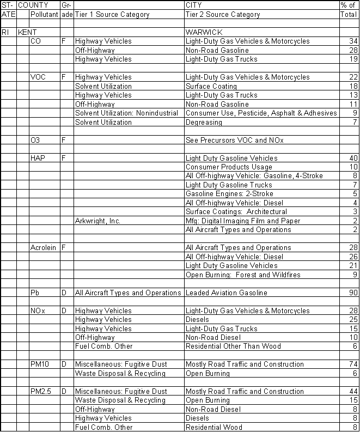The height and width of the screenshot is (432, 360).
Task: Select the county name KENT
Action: pyautogui.click(x=28, y=32)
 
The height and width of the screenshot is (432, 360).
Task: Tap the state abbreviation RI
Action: pyautogui.click(x=5, y=32)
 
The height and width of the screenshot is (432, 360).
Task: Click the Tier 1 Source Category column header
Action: pyautogui.click(x=112, y=15)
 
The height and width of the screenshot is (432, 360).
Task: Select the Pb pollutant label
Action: pyautogui.click(x=34, y=293)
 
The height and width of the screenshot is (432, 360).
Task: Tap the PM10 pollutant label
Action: pyautogui.click(x=40, y=364)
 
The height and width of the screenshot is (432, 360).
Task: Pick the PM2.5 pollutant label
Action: pyautogui.click(x=41, y=391)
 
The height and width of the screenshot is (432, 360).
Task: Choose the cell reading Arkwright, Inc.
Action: pyautogui.click(x=97, y=221)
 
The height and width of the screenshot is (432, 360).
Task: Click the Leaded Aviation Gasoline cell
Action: pyautogui.click(x=226, y=293)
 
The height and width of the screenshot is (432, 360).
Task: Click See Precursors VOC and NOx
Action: pyautogui.click(x=234, y=140)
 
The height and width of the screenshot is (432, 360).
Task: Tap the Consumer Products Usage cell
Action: pyautogui.click(x=229, y=167)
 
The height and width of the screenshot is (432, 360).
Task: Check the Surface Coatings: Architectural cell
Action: pyautogui.click(x=236, y=211)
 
